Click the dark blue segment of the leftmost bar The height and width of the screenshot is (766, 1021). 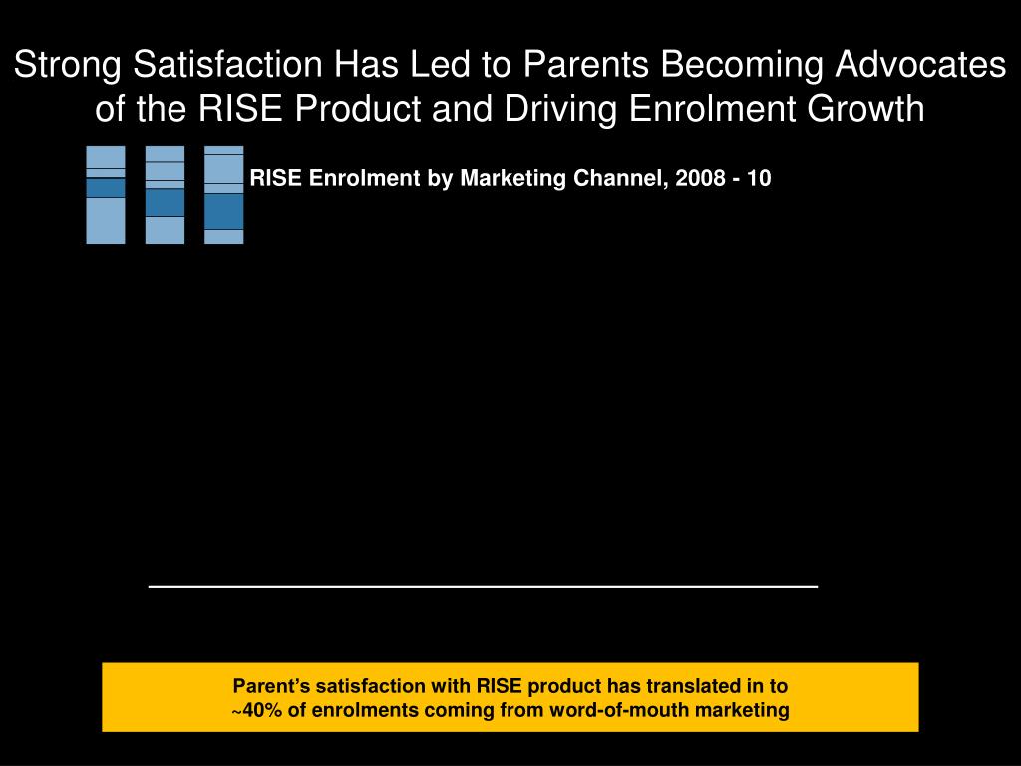pyautogui.click(x=106, y=188)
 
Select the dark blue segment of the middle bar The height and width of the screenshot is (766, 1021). pyautogui.click(x=165, y=202)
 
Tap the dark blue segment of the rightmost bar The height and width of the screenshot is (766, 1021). pyautogui.click(x=224, y=211)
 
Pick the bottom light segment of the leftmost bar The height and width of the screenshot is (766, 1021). pyautogui.click(x=106, y=220)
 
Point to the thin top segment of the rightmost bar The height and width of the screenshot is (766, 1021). pyautogui.click(x=224, y=150)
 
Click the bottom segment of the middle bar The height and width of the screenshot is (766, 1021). pyautogui.click(x=165, y=230)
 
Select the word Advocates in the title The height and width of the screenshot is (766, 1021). pyautogui.click(x=919, y=65)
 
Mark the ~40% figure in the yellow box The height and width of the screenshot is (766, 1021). pyautogui.click(x=256, y=711)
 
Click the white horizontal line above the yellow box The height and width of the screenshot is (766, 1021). pyautogui.click(x=483, y=587)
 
